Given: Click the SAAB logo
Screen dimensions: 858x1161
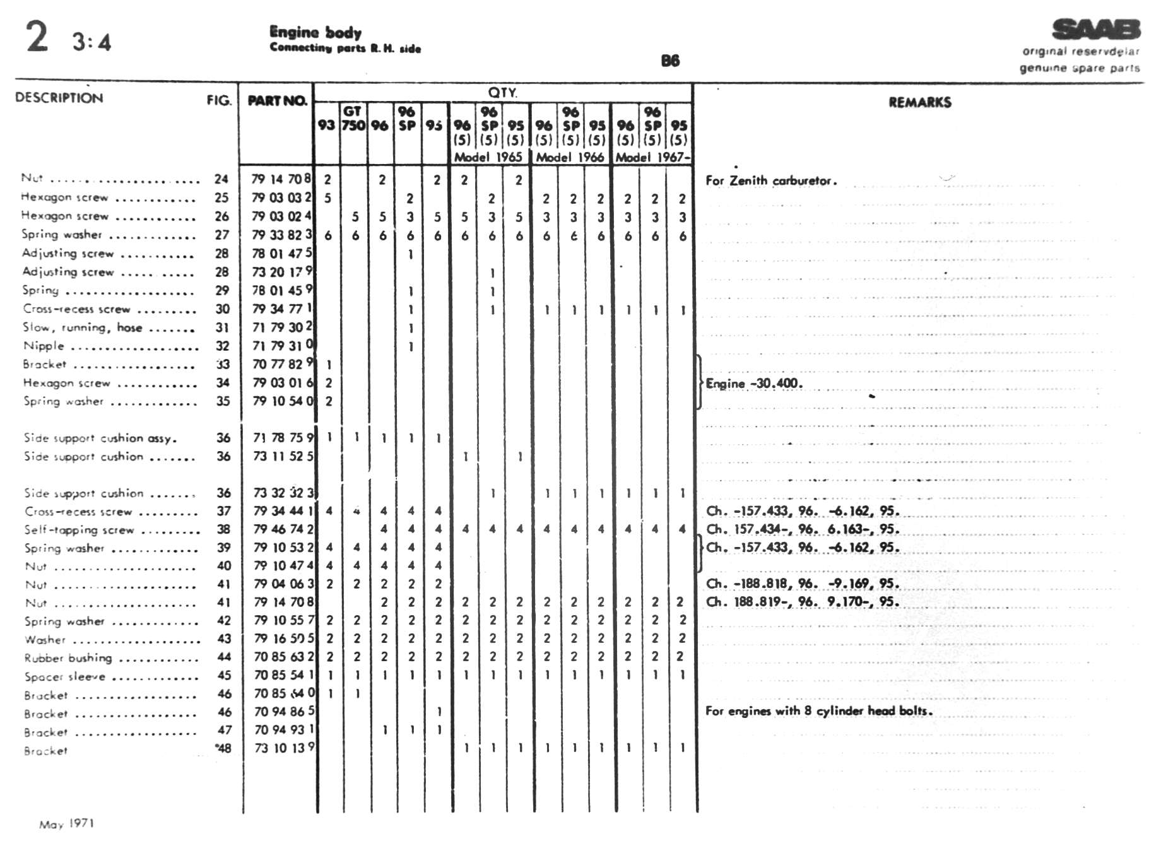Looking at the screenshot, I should (1096, 30).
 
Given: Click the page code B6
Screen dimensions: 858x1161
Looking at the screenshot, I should (670, 61).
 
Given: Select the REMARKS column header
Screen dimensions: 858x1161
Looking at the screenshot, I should (919, 102).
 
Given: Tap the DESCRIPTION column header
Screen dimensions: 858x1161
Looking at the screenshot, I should (59, 98).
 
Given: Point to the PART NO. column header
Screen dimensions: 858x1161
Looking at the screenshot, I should (277, 101).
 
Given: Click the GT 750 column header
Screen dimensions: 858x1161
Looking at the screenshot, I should (353, 119).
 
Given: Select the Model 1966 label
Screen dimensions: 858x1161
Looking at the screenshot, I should (570, 157).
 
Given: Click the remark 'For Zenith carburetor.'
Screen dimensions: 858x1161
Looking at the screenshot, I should (771, 180).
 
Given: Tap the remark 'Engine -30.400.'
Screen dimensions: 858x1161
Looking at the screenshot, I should (754, 384).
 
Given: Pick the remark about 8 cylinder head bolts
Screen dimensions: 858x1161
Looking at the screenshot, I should (818, 711).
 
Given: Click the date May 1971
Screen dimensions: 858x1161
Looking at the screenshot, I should (67, 824).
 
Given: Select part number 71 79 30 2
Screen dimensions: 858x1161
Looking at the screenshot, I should (282, 327).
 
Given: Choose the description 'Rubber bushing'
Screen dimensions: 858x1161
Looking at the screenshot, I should (68, 658).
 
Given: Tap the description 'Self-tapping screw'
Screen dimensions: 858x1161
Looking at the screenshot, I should (80, 530).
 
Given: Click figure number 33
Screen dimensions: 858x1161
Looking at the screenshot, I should (223, 365).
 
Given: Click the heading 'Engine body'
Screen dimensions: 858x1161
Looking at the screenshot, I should (315, 32).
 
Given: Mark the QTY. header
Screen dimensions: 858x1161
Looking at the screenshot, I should (502, 93).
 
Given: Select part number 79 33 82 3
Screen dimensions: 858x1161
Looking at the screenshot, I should (282, 235).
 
